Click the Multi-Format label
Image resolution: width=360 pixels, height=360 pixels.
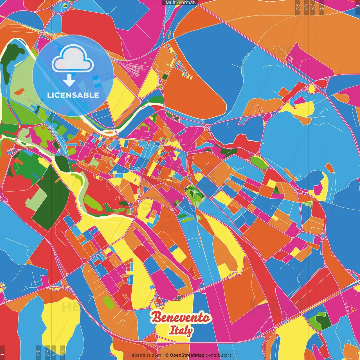click(x=180, y=3)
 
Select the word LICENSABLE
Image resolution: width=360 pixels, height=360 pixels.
click(x=73, y=95)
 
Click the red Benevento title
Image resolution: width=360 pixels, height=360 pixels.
click(x=181, y=318)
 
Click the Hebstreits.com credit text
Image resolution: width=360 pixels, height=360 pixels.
click(x=145, y=355)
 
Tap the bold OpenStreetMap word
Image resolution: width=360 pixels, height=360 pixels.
click(x=187, y=355)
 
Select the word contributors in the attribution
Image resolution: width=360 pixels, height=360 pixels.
click(x=219, y=355)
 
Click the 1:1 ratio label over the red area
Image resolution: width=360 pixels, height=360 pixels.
click(x=2, y=352)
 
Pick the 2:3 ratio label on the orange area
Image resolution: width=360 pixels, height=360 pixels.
click(x=298, y=7)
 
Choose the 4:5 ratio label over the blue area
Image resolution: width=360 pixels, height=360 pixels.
click(x=38, y=351)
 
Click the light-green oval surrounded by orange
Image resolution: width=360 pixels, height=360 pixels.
click(x=108, y=302)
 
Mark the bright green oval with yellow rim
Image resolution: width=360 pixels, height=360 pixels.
click(x=259, y=162)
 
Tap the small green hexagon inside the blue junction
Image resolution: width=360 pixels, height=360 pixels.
click(x=65, y=5)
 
